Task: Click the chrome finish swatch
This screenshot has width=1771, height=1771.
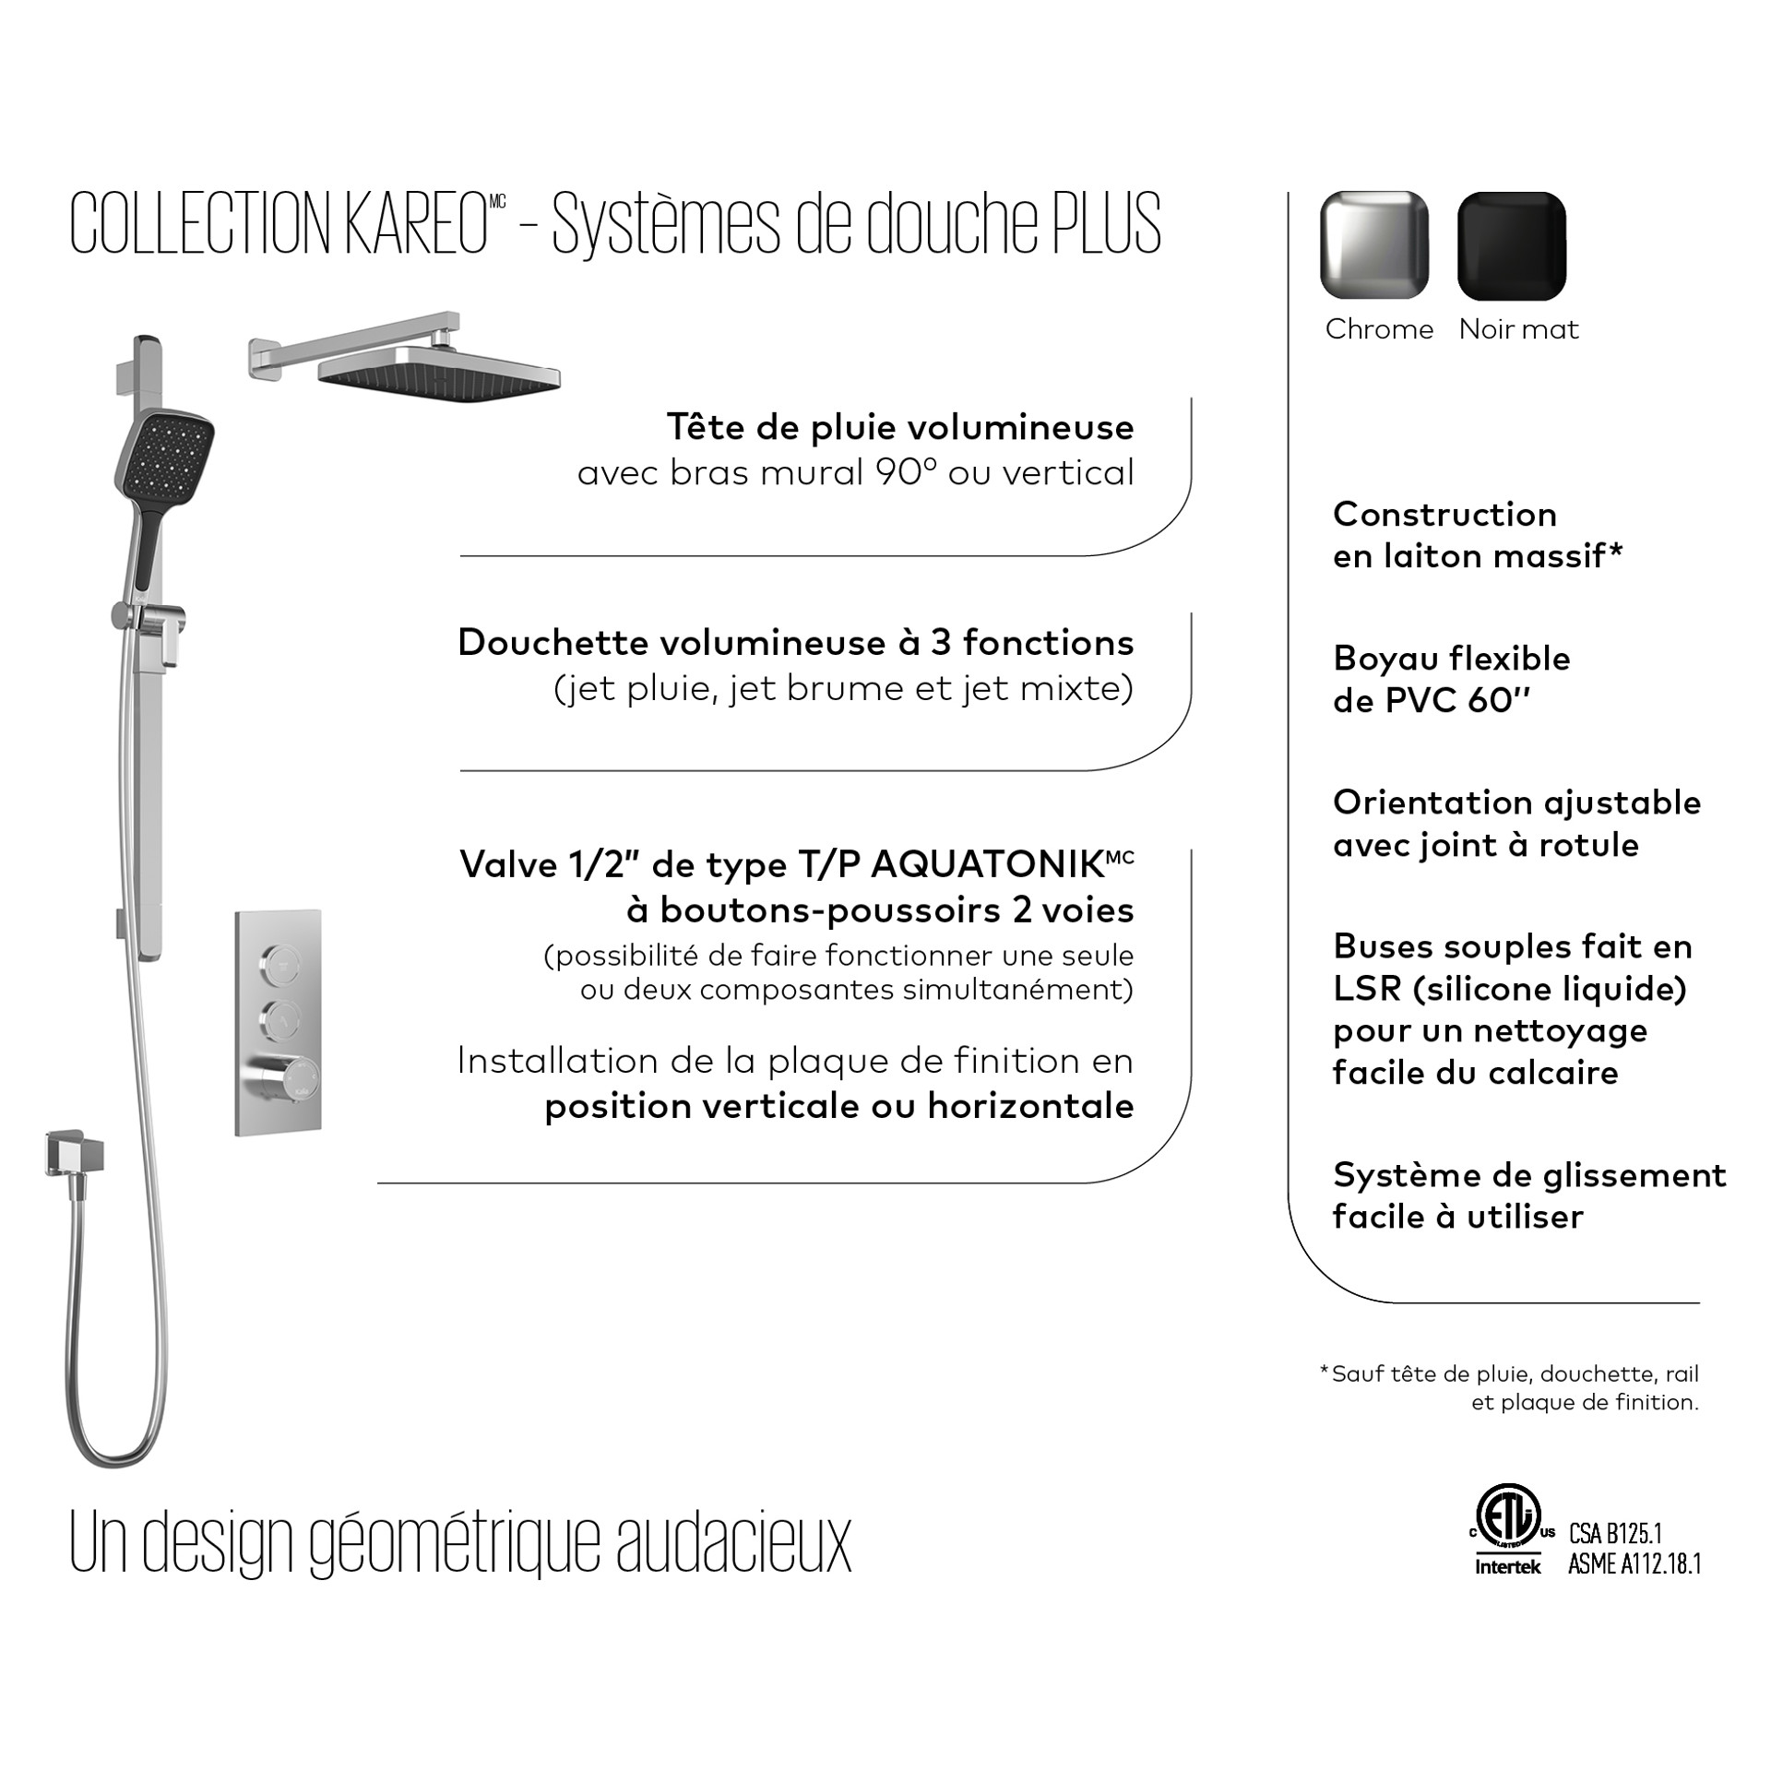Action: click(1374, 245)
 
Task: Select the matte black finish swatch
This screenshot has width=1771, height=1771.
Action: click(1511, 245)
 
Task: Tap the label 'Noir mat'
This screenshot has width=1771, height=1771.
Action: click(1518, 329)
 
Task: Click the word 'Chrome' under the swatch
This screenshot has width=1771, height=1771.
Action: click(1379, 329)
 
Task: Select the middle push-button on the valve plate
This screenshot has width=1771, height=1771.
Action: click(278, 1020)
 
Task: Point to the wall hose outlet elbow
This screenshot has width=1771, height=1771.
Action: click(77, 1154)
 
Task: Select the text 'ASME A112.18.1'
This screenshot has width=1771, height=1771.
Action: click(1634, 1564)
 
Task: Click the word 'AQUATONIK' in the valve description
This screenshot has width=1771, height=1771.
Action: click(987, 865)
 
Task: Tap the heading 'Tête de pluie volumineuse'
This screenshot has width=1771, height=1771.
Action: click(900, 427)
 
